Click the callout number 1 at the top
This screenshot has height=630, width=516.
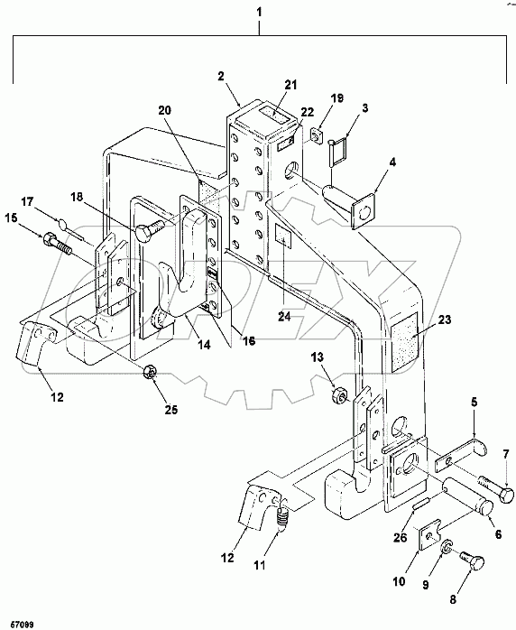(x=260, y=12)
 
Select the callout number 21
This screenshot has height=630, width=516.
(x=290, y=85)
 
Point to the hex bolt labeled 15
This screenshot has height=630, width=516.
(x=57, y=243)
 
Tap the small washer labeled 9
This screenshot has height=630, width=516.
(x=447, y=547)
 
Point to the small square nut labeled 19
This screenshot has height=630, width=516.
(x=316, y=135)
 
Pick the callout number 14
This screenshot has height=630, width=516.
(x=204, y=344)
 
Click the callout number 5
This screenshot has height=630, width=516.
(x=474, y=403)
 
